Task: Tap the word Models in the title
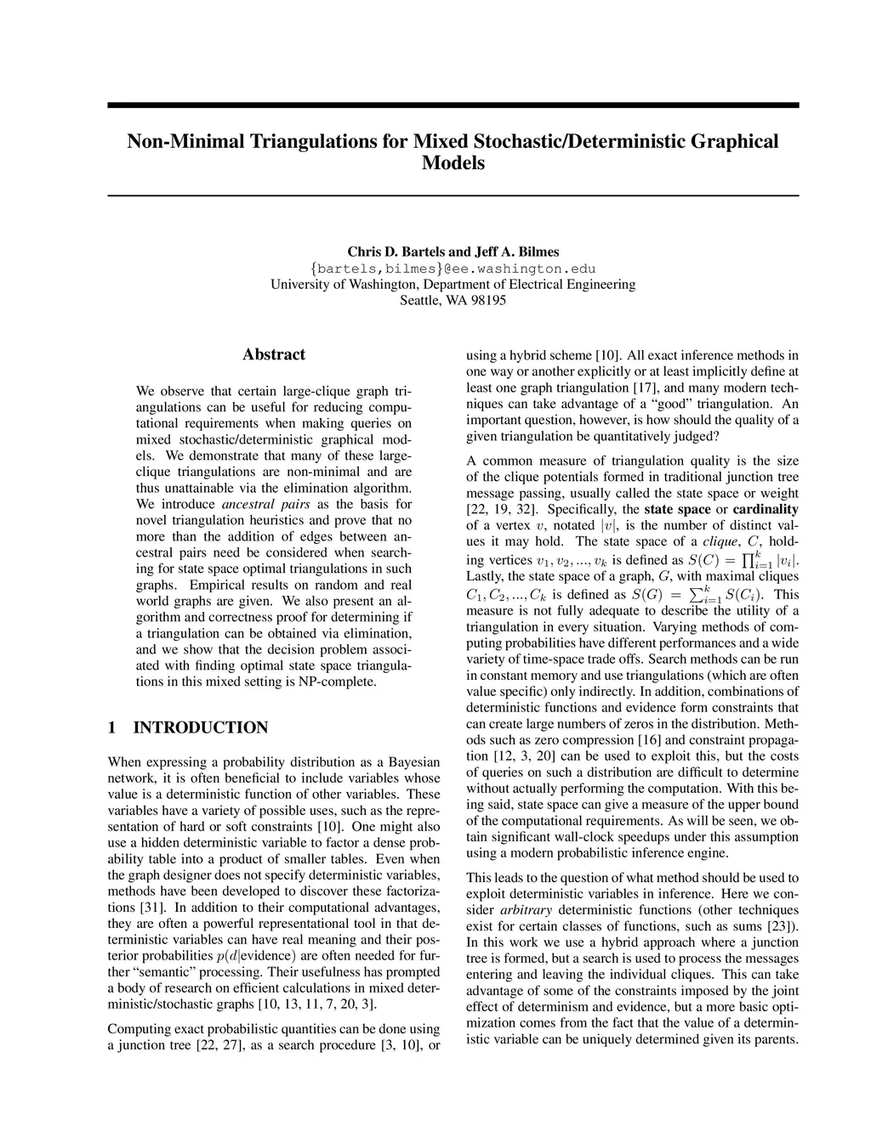(x=453, y=163)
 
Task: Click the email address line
(x=453, y=269)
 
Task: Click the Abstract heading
(x=274, y=354)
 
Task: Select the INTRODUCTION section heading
(x=201, y=727)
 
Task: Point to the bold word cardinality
(x=766, y=510)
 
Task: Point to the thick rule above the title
(x=453, y=105)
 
